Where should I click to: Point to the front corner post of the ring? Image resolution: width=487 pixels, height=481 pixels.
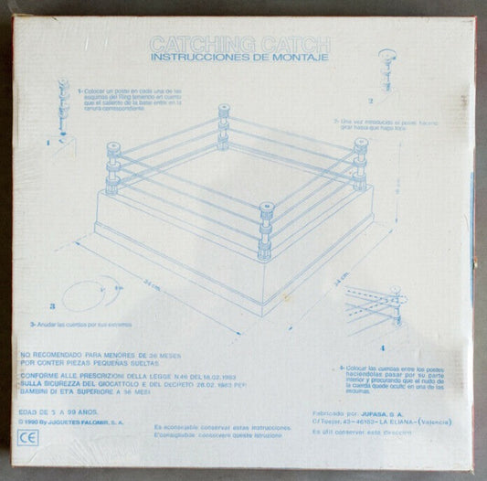[266, 233]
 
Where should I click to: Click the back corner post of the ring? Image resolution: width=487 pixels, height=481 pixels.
[224, 127]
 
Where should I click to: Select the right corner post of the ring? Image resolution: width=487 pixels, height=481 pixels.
[361, 164]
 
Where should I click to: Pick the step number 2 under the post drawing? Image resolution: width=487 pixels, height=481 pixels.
[371, 101]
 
